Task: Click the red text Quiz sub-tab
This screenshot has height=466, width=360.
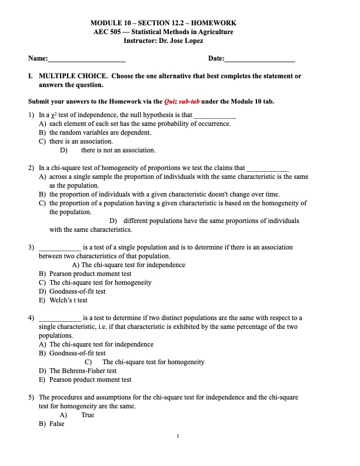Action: tap(181, 101)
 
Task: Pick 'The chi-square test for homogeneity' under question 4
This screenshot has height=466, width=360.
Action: tap(153, 362)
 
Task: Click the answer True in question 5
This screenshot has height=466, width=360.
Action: tap(88, 415)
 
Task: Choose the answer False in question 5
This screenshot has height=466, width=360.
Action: tap(56, 424)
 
